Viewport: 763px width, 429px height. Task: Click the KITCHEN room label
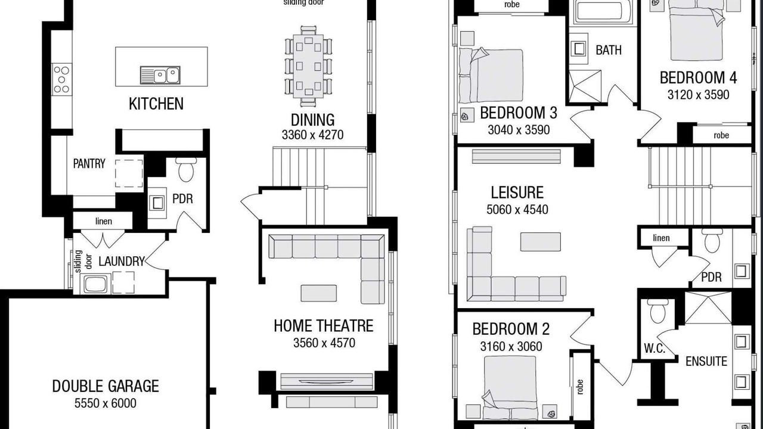[x=156, y=104]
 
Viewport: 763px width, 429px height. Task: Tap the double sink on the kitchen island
[x=160, y=75]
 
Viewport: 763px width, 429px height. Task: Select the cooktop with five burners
[x=61, y=79]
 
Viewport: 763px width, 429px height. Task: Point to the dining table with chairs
[x=308, y=66]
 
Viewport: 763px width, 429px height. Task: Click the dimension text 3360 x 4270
[x=312, y=135]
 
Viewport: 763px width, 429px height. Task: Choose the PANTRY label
[x=89, y=164]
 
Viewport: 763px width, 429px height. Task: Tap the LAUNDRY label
[x=122, y=262]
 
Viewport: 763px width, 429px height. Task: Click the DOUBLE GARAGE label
[x=106, y=386]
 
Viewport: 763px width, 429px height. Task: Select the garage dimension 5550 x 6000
[x=106, y=403]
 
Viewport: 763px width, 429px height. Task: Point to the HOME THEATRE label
[x=324, y=326]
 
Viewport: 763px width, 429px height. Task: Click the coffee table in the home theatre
[x=319, y=293]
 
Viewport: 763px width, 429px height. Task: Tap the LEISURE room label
[x=517, y=192]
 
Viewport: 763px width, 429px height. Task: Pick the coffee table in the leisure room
[x=540, y=242]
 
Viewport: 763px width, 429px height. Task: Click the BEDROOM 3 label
[x=519, y=113]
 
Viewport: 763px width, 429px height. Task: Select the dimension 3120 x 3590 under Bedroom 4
[x=698, y=95]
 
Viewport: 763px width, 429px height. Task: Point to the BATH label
[x=609, y=51]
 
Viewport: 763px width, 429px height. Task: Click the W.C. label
[x=655, y=349]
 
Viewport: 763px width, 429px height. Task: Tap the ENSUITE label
[x=706, y=361]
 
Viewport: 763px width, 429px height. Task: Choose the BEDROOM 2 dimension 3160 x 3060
[x=511, y=347]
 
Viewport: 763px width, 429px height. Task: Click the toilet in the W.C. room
[x=657, y=312]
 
